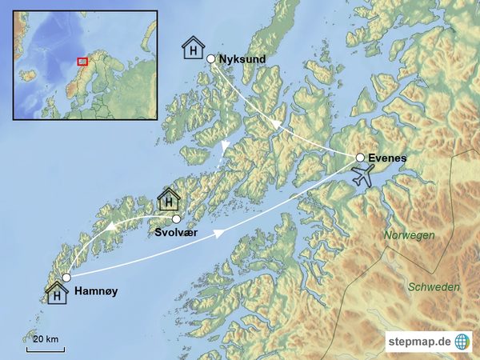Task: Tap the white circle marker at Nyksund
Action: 211,58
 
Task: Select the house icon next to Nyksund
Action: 193,48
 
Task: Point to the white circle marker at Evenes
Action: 360,158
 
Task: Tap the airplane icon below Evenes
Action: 363,176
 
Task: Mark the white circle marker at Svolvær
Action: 176,218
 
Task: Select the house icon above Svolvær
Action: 168,199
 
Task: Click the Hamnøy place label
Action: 95,292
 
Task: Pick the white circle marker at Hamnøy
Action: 66,278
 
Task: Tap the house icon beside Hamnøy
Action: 57,294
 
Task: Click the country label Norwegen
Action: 409,235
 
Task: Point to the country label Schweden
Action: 434,286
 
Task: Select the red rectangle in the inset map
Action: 81,61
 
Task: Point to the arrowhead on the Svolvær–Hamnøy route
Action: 113,228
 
